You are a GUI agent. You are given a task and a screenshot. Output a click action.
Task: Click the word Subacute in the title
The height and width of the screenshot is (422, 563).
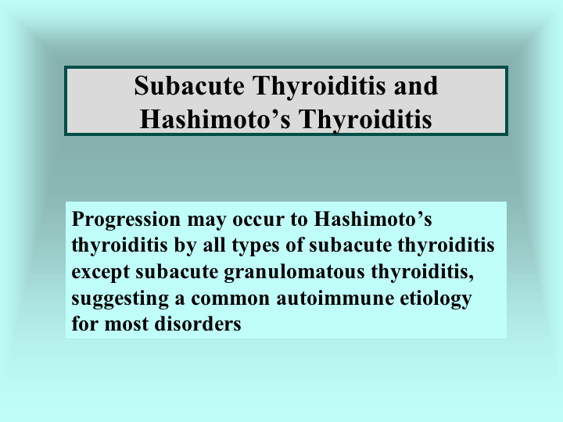(189, 85)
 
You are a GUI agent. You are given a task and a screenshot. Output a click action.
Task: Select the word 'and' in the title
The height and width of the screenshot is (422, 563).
(416, 85)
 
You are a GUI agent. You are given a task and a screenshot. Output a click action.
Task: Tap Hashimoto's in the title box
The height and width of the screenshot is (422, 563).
(215, 119)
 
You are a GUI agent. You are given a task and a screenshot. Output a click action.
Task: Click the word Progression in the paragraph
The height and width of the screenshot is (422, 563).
(126, 220)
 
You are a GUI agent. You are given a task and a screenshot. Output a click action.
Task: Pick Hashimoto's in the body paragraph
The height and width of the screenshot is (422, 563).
(373, 219)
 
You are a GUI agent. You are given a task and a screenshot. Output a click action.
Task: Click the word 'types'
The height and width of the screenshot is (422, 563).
(256, 246)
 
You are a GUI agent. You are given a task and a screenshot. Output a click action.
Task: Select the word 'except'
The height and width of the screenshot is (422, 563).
(101, 272)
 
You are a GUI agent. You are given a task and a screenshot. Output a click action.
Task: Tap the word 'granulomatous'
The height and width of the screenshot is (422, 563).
(295, 272)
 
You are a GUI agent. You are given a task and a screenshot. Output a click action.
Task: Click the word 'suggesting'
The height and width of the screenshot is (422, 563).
(120, 299)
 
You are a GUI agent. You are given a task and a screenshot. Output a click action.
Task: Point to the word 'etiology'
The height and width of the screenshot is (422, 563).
(436, 299)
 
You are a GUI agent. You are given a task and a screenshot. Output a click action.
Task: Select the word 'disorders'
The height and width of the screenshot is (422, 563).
(198, 324)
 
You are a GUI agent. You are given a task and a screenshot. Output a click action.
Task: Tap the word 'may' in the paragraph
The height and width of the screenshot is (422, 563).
(206, 220)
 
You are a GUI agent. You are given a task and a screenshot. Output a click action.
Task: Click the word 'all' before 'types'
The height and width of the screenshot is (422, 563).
(214, 245)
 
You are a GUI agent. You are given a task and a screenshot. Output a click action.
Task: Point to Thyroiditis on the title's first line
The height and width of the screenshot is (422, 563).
(319, 86)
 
